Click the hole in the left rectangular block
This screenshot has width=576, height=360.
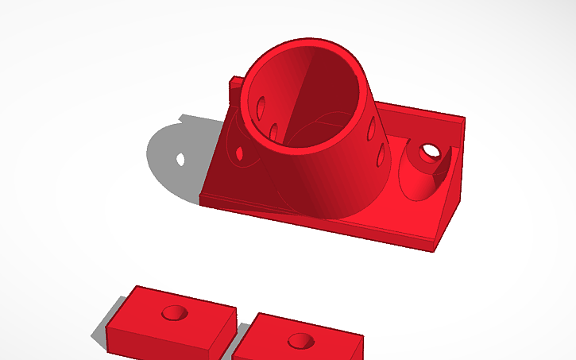point(172,313)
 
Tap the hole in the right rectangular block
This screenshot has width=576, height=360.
point(300,341)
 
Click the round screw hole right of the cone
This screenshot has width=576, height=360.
point(430,149)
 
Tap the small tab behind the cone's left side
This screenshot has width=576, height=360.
point(235,88)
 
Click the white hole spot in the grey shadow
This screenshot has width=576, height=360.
point(181,159)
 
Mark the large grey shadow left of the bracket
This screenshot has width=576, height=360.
point(171,159)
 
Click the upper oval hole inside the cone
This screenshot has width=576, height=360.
point(261,105)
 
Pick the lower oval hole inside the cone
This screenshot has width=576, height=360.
point(273,132)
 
